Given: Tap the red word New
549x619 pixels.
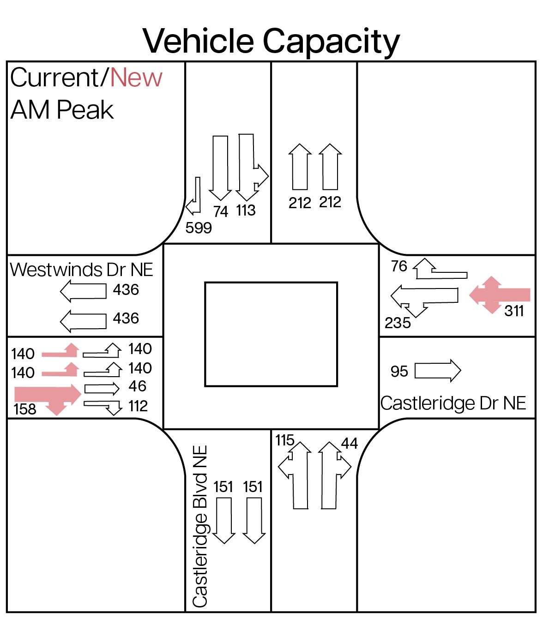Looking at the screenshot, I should click(136, 78).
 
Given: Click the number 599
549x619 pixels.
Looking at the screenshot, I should click(199, 228).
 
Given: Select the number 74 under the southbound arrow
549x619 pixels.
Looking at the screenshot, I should click(221, 211).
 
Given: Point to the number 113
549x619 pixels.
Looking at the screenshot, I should click(246, 210).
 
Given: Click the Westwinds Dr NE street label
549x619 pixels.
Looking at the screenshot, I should click(81, 270).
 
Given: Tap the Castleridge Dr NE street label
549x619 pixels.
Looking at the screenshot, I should click(453, 403).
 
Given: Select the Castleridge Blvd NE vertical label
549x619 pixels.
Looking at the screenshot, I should click(199, 526).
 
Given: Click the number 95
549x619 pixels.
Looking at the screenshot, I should click(399, 371).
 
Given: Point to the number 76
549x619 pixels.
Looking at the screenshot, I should click(399, 266).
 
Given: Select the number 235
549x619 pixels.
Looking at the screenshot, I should click(398, 323).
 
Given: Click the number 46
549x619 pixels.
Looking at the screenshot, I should click(138, 386).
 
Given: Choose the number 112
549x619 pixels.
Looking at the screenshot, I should click(138, 406).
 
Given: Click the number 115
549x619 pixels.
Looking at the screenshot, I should click(284, 440).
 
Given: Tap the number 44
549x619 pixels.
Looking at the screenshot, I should click(350, 443).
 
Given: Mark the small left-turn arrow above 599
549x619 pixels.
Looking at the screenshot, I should click(194, 196).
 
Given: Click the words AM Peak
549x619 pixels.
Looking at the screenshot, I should click(62, 110).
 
